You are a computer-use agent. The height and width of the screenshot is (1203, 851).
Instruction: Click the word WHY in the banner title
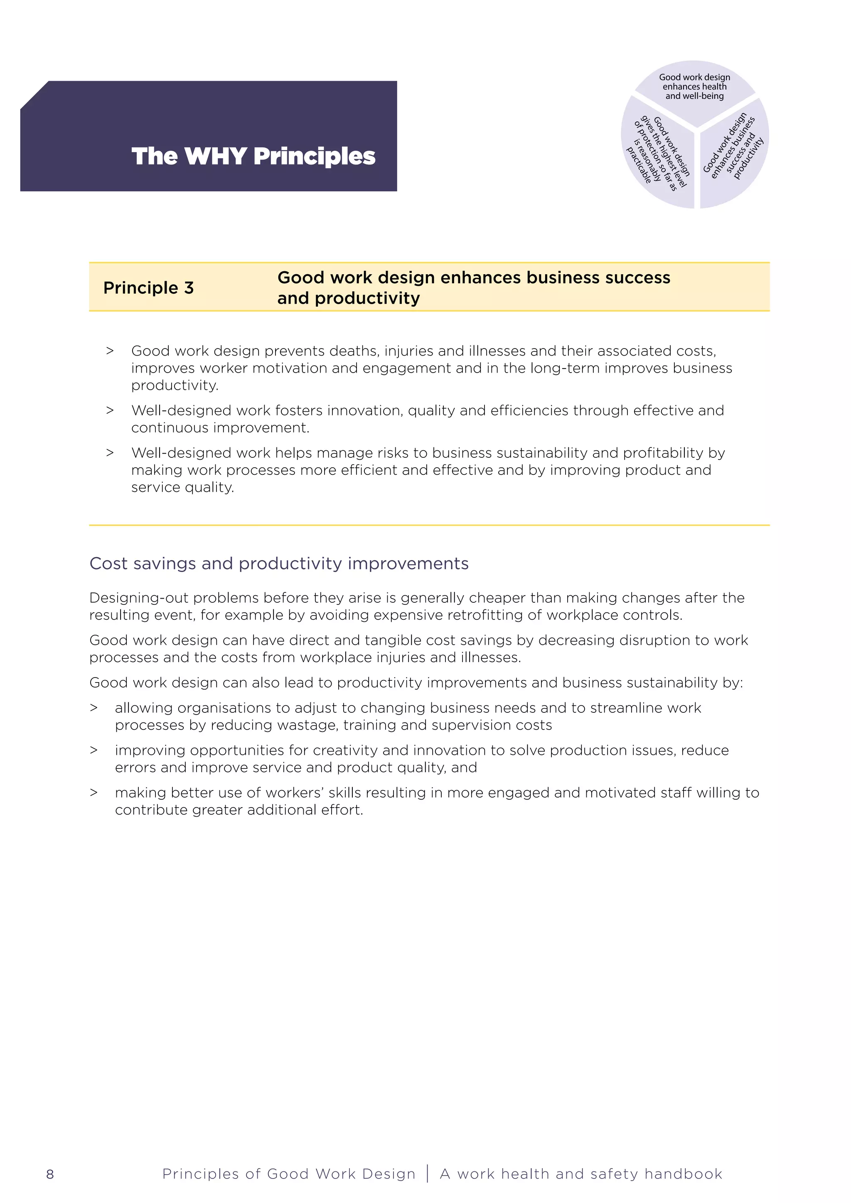coord(215,156)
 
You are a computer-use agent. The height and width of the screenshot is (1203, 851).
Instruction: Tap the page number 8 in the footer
coord(50,1174)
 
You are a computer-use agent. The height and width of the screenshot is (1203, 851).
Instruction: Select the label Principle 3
coord(148,287)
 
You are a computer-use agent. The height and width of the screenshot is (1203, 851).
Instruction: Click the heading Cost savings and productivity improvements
coord(279,563)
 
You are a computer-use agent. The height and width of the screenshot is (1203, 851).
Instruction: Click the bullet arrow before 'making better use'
coord(94,793)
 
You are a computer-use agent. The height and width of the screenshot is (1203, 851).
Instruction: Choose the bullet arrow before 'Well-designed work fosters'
coord(110,410)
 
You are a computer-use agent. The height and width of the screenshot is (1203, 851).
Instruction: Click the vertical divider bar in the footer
coord(428,1174)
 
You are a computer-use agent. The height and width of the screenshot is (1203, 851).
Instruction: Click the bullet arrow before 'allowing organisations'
coord(94,708)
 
